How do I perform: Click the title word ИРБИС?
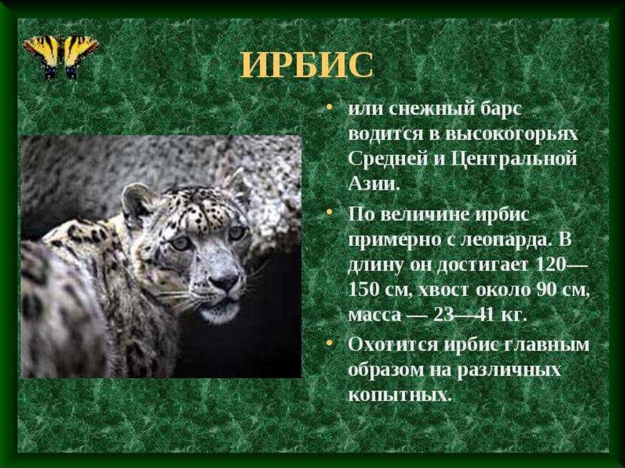click(307, 65)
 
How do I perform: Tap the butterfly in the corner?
click(61, 57)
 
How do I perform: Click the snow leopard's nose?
click(225, 282)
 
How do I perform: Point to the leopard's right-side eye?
click(237, 232)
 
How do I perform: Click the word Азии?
click(374, 184)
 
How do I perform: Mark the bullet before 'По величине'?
click(329, 213)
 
